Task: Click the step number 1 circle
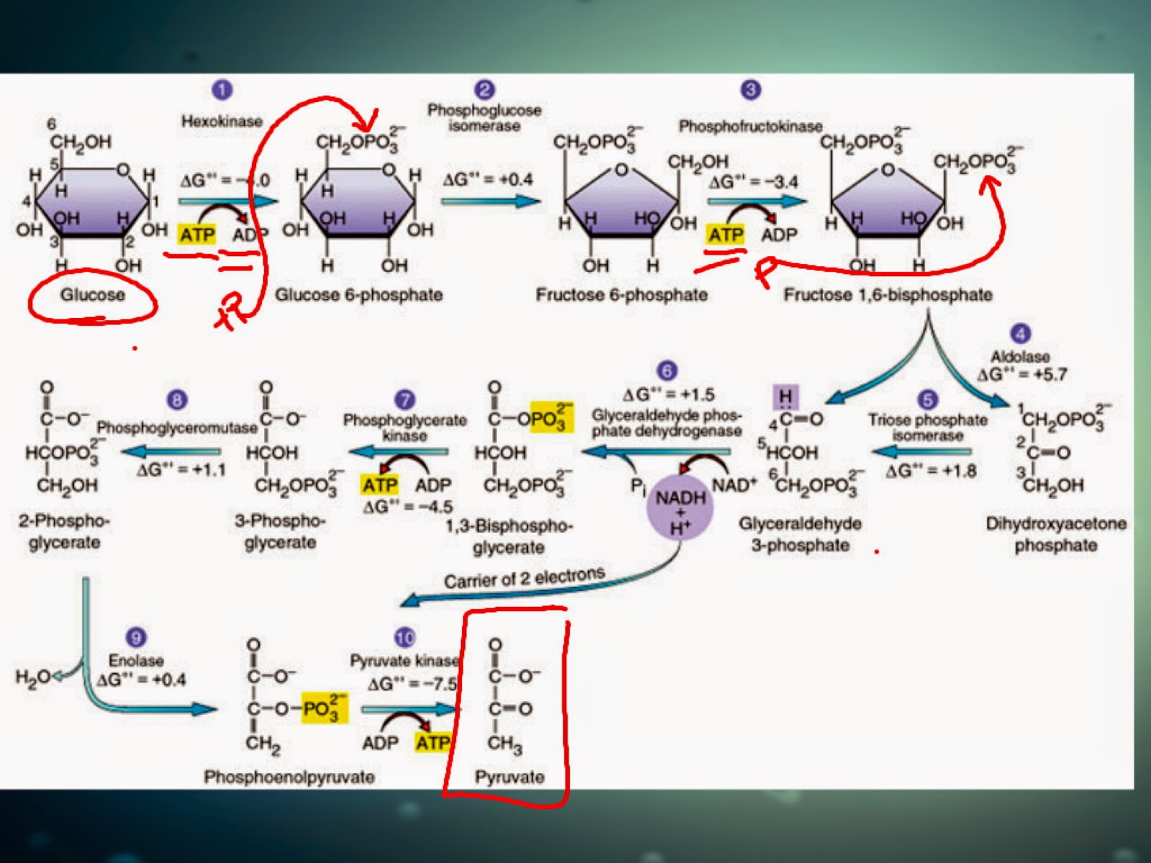(222, 90)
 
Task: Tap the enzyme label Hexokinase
(222, 121)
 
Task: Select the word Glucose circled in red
(92, 295)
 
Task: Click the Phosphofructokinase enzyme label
(750, 127)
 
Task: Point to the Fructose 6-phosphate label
(622, 295)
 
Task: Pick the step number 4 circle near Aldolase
(1020, 334)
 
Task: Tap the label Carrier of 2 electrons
(524, 578)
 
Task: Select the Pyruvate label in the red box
(509, 777)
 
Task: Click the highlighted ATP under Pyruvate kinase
(432, 742)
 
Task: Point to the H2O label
(32, 677)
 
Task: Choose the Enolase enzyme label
(136, 660)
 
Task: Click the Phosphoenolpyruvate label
(289, 777)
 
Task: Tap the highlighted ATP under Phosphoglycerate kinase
(379, 485)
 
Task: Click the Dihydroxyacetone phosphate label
(1055, 534)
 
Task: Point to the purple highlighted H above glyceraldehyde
(785, 397)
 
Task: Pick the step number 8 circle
(176, 400)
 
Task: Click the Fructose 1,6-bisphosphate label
(888, 295)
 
